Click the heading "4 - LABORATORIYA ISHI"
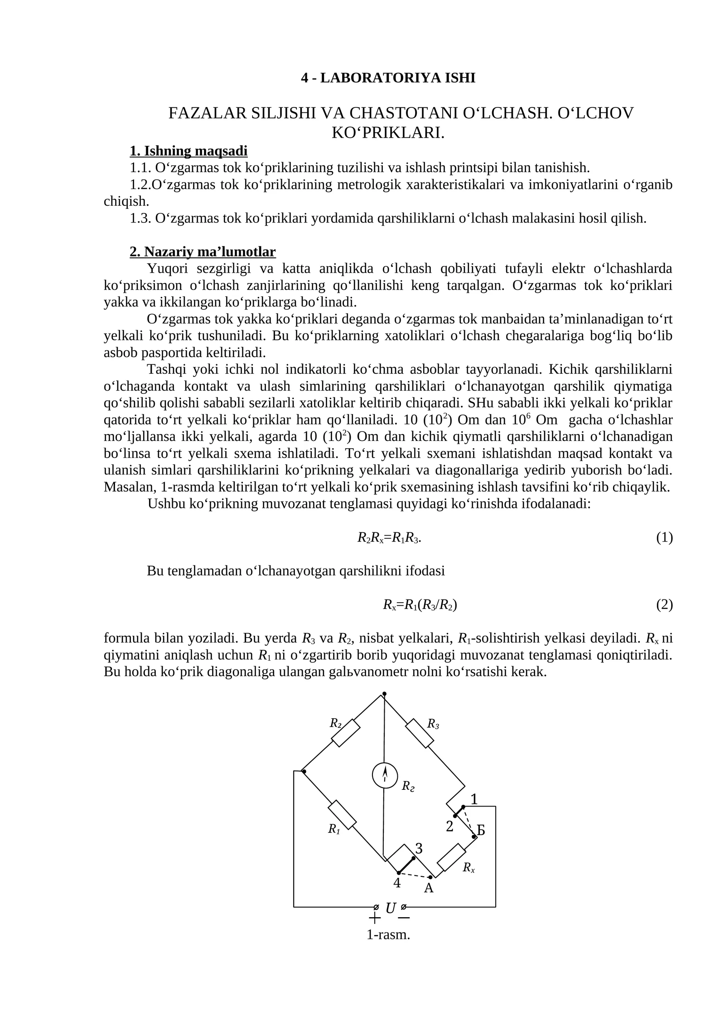click(388, 78)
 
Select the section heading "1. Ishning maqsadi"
click(188, 150)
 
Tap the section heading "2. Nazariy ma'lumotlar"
click(203, 251)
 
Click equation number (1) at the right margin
click(664, 538)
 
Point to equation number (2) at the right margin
click(664, 604)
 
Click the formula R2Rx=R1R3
click(389, 538)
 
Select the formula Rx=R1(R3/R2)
click(420, 604)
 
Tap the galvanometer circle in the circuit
click(385, 775)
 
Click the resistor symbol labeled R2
click(346, 732)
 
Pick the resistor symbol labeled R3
click(420, 733)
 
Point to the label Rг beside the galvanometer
click(408, 786)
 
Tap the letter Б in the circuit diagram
click(481, 831)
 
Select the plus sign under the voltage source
click(375, 919)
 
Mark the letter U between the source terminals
click(390, 908)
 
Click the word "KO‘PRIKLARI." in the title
click(388, 133)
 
